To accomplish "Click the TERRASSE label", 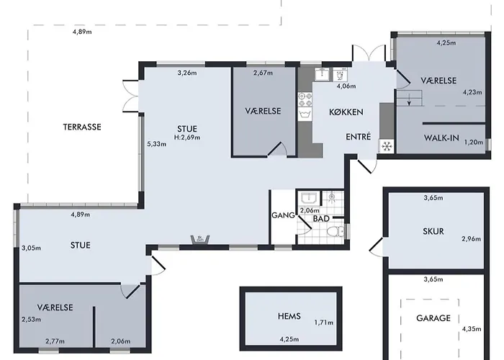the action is (82, 127).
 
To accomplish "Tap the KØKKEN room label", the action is (346, 112).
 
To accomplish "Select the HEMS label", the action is (289, 316).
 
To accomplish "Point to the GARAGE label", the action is (433, 318).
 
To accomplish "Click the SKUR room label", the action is (433, 231).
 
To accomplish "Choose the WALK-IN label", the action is (441, 138).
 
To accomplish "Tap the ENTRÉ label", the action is (359, 137).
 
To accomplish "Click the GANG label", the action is (283, 215).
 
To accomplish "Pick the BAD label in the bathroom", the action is (321, 219).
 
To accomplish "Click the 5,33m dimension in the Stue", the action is (157, 144).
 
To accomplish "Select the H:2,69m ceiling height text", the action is (187, 138).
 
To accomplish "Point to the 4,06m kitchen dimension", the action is (346, 86).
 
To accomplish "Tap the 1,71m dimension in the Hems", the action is (324, 322).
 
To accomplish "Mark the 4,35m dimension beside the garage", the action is (472, 329).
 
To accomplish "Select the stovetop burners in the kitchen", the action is (305, 99).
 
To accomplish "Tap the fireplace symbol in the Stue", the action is (200, 240).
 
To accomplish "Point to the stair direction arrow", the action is (409, 99).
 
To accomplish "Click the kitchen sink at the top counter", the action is (322, 74).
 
